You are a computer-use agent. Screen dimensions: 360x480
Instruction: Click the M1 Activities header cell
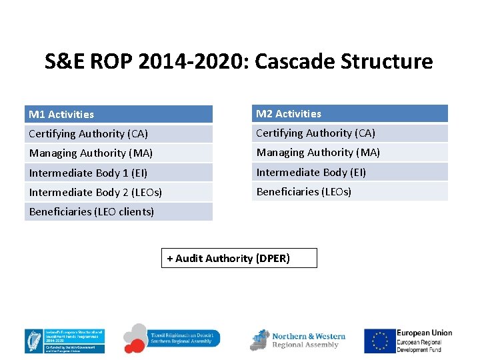[x=119, y=115]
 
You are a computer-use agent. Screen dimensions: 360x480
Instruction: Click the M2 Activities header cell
[x=349, y=114]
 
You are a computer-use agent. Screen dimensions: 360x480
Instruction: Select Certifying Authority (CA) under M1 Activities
[x=119, y=134]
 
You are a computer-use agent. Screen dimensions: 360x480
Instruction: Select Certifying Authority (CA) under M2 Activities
[x=349, y=133]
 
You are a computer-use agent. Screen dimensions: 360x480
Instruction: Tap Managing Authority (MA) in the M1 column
[x=119, y=153]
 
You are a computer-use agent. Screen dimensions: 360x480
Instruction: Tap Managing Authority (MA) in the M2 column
[x=349, y=153]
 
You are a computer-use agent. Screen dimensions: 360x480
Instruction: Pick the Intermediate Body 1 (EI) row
[x=119, y=173]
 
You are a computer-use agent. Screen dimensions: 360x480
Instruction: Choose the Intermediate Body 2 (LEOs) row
[x=119, y=192]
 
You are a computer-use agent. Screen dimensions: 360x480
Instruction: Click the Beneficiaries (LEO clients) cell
[x=119, y=212]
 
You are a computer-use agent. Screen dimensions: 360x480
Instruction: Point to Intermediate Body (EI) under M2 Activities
[x=349, y=172]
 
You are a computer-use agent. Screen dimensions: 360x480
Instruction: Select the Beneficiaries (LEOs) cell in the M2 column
[x=349, y=191]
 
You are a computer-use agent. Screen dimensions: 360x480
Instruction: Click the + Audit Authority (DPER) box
[x=239, y=258]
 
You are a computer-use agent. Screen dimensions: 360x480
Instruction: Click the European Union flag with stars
[x=379, y=341]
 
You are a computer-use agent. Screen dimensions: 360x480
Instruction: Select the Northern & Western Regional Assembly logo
[x=298, y=340]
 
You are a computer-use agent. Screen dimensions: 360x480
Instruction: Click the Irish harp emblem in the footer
[x=33, y=341]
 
